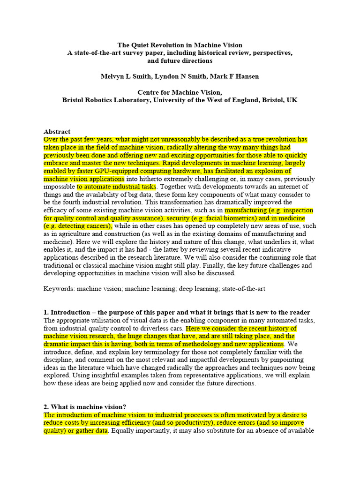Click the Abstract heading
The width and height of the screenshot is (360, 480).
(57, 132)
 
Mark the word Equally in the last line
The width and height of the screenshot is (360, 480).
(123, 431)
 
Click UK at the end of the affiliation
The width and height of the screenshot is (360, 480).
(292, 100)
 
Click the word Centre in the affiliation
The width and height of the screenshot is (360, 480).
(148, 92)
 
